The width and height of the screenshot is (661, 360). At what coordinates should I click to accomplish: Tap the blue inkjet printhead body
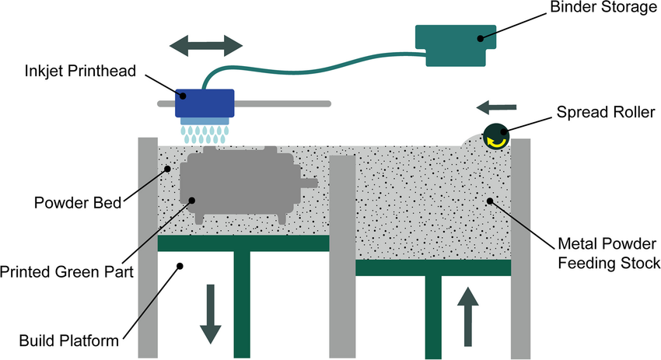205,102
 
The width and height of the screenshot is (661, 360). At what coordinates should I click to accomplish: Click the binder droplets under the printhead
205,132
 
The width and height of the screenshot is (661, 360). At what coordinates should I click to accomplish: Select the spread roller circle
495,135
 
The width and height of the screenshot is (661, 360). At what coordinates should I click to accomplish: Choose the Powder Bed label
78,204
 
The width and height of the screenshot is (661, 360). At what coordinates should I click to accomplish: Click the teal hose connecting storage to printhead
311,56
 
